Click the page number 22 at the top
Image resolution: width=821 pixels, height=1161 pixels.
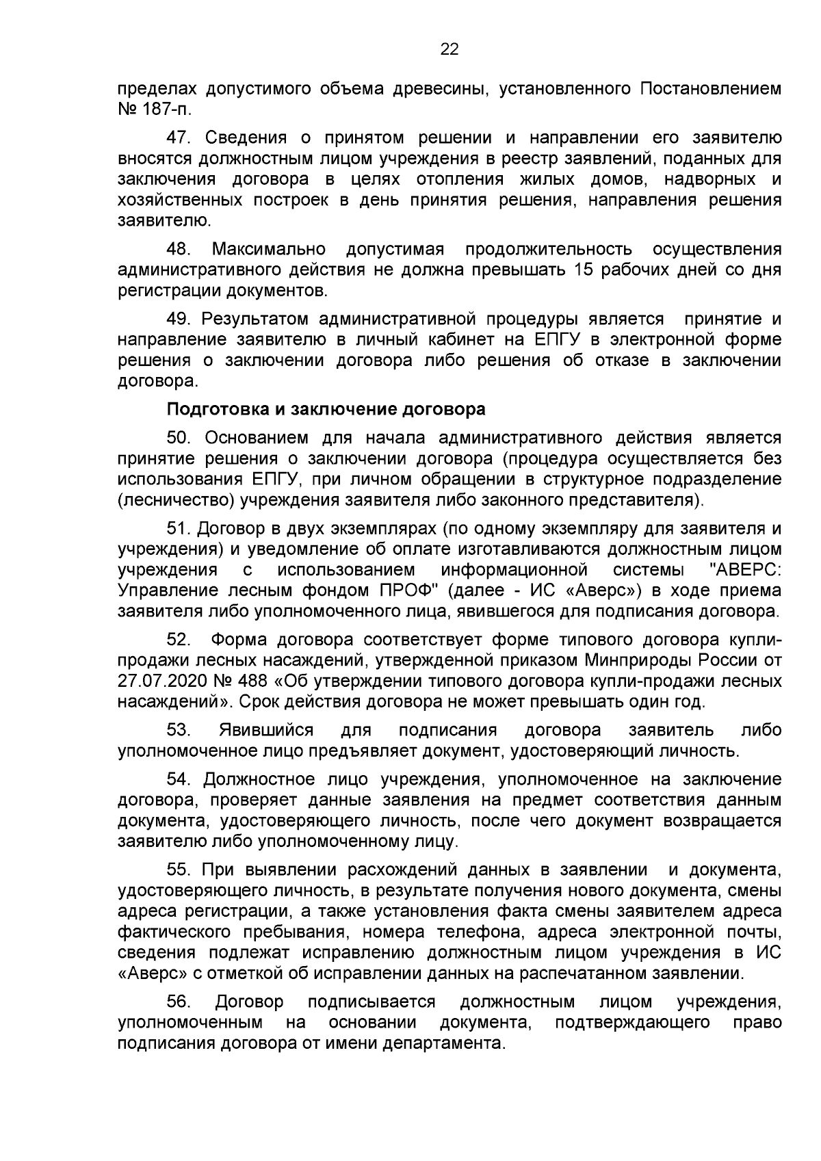tap(449, 49)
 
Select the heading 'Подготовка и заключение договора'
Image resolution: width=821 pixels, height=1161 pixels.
tap(326, 410)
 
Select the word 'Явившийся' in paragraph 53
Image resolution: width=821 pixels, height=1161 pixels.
tap(266, 730)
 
